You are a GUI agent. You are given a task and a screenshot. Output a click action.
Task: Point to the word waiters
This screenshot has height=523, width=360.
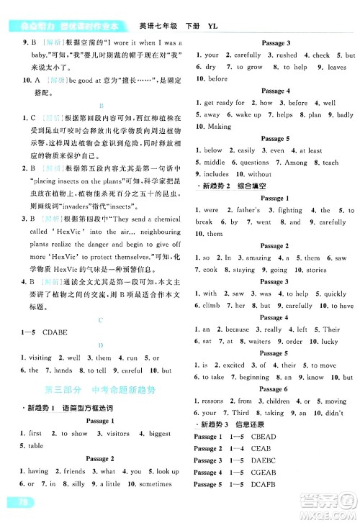point(261,342)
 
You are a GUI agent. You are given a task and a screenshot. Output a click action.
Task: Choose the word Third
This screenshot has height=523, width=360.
point(242,413)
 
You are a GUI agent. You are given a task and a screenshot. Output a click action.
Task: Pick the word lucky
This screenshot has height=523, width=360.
point(329,342)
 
